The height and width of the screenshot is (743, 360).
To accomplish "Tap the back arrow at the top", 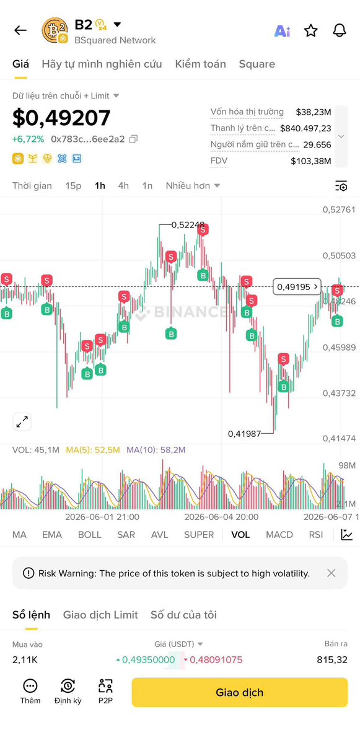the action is pos(20,30).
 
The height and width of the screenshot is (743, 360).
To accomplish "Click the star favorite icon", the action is pos(310,31).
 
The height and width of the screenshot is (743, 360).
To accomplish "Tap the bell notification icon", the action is pos(340,31).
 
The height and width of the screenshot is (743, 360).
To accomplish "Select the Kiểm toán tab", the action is pos(200,64).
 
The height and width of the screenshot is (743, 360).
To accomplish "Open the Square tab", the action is pos(257,64).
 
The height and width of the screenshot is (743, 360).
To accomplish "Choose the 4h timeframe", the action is pos(123,186).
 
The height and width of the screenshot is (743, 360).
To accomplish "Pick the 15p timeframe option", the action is pos(73,186).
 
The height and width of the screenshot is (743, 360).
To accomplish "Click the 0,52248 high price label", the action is pos(188,224).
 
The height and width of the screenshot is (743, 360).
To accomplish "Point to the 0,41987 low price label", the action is pos(244,434).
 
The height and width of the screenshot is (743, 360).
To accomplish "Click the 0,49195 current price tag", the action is pos(297,287).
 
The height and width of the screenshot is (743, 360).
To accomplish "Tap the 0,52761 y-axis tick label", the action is pos(339,209).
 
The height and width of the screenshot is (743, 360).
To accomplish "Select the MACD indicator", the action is pos(279,535).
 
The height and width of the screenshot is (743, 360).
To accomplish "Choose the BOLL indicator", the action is pos(89,535).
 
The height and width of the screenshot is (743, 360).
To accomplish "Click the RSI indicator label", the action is pos(316,535).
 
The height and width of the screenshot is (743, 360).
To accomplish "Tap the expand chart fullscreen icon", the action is pos(22,421).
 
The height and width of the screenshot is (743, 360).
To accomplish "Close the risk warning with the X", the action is pos(331,573).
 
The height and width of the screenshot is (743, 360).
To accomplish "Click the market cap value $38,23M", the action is pos(314,112).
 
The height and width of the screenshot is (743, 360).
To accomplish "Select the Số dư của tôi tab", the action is pos(184,615).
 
